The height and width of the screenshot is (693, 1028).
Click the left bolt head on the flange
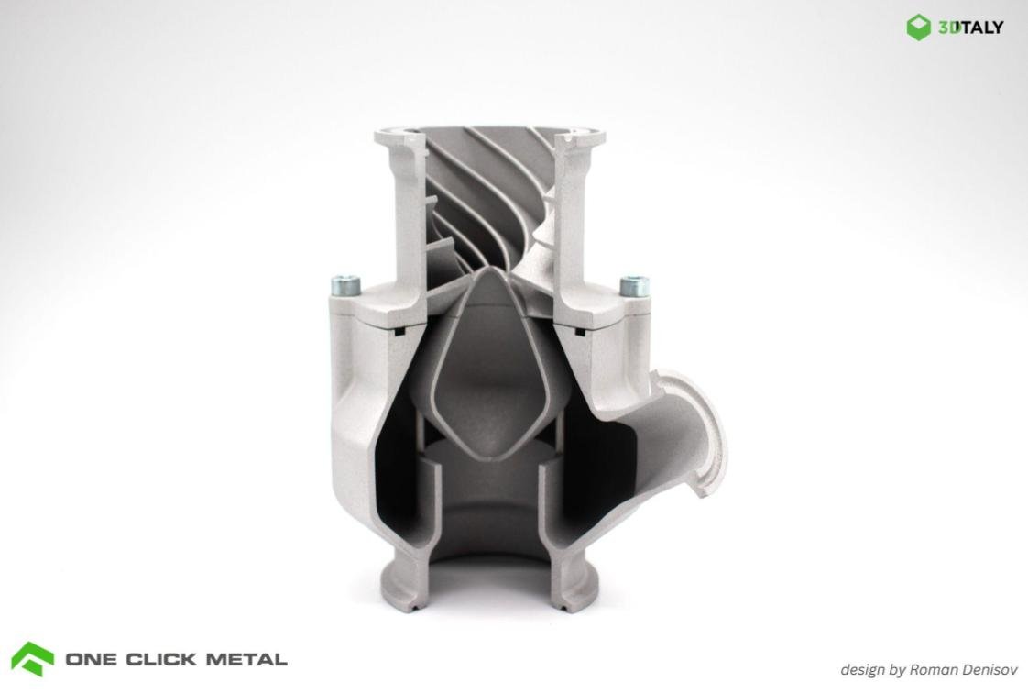pyautogui.click(x=345, y=287)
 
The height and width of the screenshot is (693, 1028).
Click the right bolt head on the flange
pyautogui.click(x=634, y=286)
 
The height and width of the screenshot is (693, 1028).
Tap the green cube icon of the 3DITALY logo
pyautogui.click(x=919, y=27)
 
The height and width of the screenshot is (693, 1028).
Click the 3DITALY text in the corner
pyautogui.click(x=970, y=27)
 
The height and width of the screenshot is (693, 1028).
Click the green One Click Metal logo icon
pyautogui.click(x=33, y=658)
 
